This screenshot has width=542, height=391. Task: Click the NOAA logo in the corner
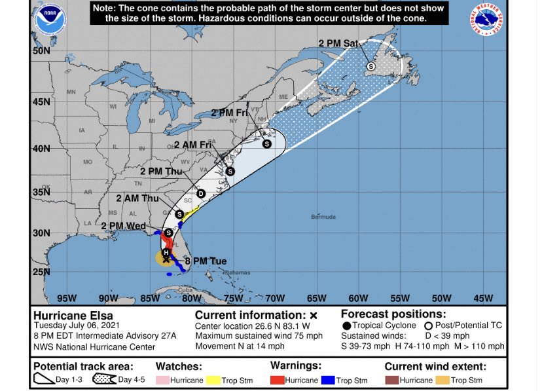coord(51,20)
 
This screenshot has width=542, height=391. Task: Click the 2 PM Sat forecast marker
coord(370,66)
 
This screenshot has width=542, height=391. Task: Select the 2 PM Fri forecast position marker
coord(266,143)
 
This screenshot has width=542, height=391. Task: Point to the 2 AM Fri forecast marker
coord(230,172)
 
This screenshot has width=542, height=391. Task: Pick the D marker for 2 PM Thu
coord(201,193)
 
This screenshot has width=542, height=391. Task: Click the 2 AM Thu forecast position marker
coord(179,214)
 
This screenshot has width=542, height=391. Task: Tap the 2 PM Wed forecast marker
coord(168,233)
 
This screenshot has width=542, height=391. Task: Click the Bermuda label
coord(323,217)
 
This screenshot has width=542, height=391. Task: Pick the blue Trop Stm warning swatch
coord(331,380)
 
